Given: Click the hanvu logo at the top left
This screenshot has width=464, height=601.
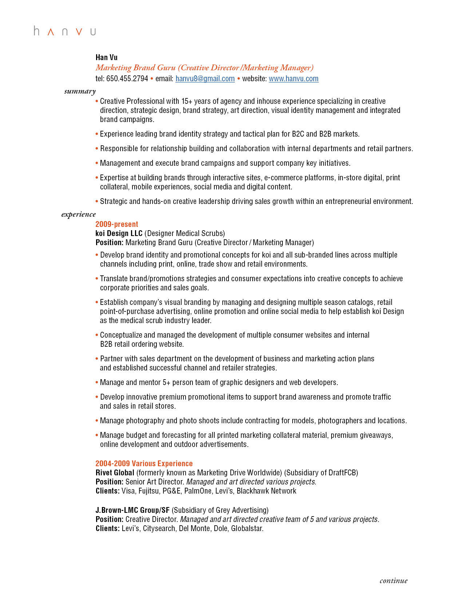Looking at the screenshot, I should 65,31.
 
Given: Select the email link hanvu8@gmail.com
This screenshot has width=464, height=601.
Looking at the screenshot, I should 205,79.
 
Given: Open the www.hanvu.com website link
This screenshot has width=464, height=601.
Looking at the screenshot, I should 293,79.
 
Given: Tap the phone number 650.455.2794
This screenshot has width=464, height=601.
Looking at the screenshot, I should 127,79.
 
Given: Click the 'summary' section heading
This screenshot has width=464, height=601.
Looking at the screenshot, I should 80,91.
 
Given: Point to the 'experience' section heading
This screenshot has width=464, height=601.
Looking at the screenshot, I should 79,214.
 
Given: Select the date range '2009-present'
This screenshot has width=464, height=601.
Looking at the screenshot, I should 117,224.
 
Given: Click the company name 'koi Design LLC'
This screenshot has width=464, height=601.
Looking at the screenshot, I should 119,233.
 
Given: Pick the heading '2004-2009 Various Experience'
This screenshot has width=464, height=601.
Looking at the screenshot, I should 144,464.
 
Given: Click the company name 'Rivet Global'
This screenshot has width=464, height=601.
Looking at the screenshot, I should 115,473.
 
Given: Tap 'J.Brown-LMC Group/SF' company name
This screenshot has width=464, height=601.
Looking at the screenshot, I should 132,510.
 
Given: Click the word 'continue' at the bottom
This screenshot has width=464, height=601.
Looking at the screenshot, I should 393,581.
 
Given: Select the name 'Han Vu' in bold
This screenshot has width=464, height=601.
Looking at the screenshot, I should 107,57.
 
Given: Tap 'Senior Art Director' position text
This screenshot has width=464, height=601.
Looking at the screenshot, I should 153,482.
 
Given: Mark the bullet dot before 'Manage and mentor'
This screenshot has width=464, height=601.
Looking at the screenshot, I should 97,382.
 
